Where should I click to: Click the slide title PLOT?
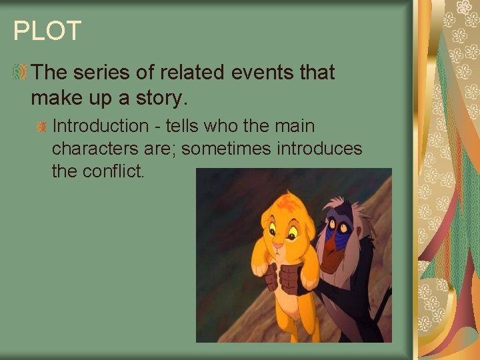47,31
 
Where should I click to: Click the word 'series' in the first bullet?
98,73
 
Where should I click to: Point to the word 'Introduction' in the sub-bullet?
101,126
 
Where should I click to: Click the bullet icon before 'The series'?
21,72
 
